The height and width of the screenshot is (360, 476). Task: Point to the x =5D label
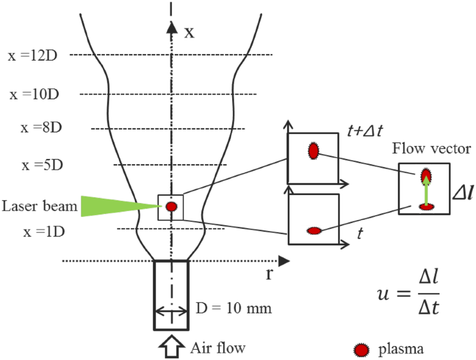click(44, 165)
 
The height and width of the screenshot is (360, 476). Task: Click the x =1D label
click(45, 232)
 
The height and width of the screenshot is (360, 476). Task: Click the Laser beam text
click(39, 206)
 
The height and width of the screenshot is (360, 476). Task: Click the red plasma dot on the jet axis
click(172, 207)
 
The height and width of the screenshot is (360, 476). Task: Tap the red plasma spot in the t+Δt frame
click(313, 151)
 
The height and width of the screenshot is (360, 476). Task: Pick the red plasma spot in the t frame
click(314, 230)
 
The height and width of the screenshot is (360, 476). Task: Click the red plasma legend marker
click(362, 350)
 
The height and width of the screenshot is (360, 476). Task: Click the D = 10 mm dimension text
click(234, 309)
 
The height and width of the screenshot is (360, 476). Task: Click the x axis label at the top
click(189, 32)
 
